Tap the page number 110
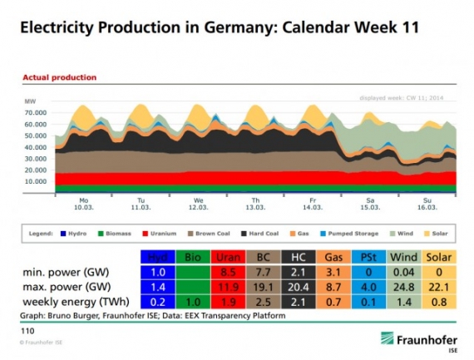(x=27, y=330)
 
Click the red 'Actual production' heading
(x=59, y=77)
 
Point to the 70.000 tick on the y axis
(x=35, y=111)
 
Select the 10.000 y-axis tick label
(x=35, y=180)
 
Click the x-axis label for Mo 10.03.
(x=83, y=204)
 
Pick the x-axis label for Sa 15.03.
(x=371, y=204)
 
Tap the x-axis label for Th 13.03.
(x=255, y=204)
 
